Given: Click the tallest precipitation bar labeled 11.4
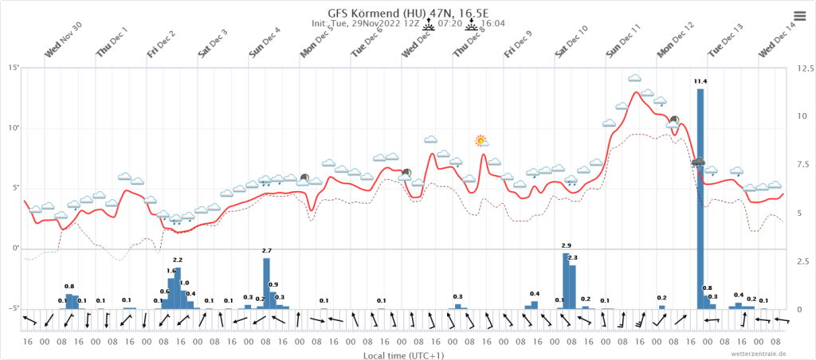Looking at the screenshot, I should pyautogui.click(x=700, y=199).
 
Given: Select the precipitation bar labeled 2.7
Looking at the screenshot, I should pyautogui.click(x=267, y=283).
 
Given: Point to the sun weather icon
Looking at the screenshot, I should pyautogui.click(x=481, y=141).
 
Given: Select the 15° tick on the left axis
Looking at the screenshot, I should pyautogui.click(x=14, y=68).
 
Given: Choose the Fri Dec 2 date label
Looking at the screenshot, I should pyautogui.click(x=162, y=44).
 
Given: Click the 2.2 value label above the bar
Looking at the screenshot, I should pyautogui.click(x=178, y=260).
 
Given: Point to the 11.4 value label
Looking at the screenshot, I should pyautogui.click(x=700, y=81).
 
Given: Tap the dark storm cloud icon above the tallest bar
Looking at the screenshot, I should pyautogui.click(x=699, y=163).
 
